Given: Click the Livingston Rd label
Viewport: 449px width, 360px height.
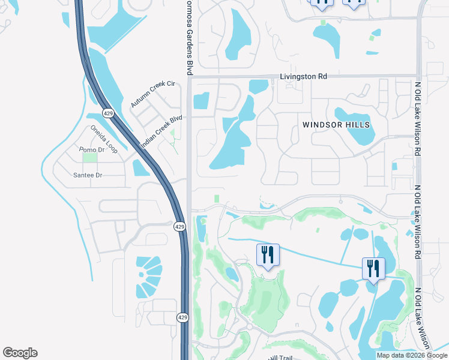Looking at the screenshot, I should pos(303,77).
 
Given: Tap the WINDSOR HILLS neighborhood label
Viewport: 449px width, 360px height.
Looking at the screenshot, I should pos(336,125).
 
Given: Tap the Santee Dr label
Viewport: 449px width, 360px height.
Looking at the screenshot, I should pos(88,175).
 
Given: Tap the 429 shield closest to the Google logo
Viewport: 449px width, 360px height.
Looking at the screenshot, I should pos(182,317).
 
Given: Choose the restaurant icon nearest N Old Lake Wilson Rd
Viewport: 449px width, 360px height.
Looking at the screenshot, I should pos(373,269).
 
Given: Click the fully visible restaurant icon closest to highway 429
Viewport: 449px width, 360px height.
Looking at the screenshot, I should pos(268,255).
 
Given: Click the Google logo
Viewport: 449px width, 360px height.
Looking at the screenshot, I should pos(20,353).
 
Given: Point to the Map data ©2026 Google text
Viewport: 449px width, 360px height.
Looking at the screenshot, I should pos(411,355).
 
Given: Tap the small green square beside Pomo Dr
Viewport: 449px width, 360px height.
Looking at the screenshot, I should pos(90,157).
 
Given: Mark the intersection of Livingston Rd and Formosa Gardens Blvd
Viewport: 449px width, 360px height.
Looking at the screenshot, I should pos(189,77).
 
